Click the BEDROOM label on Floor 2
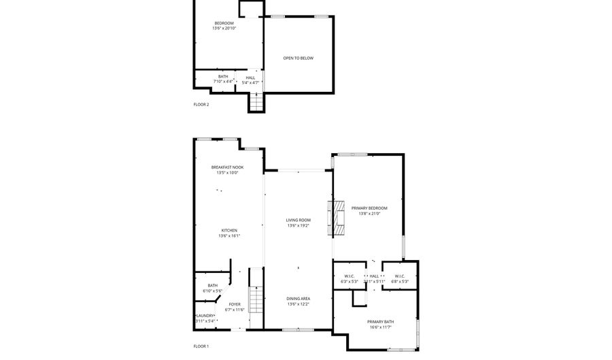(x=224, y=23)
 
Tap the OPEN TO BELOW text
(x=299, y=58)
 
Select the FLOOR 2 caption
(x=201, y=104)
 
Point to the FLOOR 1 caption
(x=201, y=346)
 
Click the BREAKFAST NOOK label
(x=227, y=167)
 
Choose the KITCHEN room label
(x=229, y=231)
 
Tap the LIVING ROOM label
(x=298, y=220)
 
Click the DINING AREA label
(x=298, y=299)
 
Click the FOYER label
(x=235, y=304)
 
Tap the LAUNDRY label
(x=206, y=316)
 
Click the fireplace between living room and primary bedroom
(x=337, y=218)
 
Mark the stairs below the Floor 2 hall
(x=255, y=102)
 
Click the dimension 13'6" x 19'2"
(x=298, y=225)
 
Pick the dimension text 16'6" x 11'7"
(x=381, y=327)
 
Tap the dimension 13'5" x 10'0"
(x=227, y=173)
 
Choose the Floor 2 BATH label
(x=223, y=76)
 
